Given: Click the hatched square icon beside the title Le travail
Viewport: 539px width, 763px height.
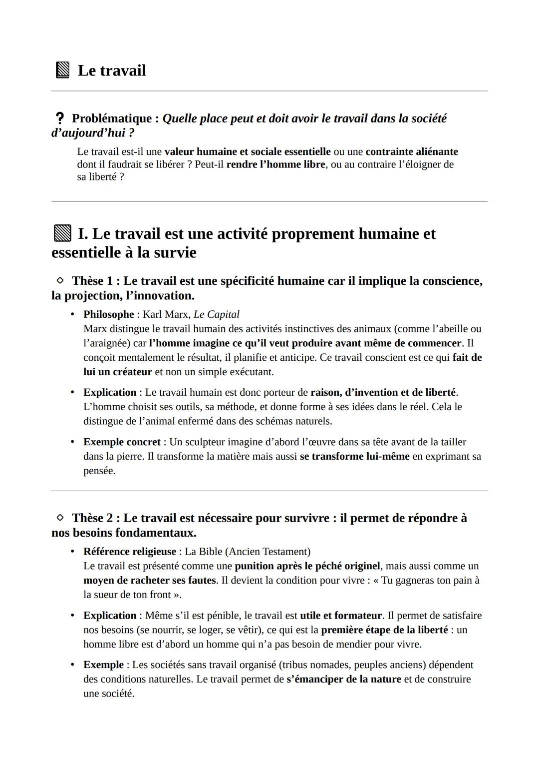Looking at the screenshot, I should (62, 70).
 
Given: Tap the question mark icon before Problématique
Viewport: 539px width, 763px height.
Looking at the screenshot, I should (59, 118).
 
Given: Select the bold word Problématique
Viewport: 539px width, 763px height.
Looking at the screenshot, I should (112, 118).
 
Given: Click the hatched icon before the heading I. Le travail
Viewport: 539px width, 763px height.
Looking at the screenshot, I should (62, 234).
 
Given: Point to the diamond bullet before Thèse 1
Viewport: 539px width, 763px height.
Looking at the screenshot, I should (60, 281).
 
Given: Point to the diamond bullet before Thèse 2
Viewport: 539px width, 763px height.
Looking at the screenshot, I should (60, 518).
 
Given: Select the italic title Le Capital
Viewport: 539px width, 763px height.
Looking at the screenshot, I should (216, 314).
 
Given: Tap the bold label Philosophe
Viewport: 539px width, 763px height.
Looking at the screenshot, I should (108, 314).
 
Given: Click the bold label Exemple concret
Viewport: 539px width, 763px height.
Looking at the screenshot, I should (122, 442).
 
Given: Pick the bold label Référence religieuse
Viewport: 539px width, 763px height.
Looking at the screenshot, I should (129, 552).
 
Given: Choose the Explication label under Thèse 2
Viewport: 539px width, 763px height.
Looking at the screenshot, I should (110, 616).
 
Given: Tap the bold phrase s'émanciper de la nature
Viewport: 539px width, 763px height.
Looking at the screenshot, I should (343, 679).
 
